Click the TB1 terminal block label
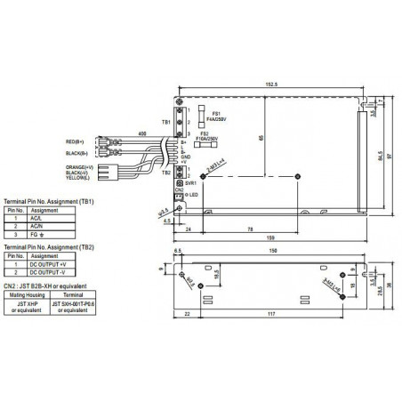click(x=165, y=121)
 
